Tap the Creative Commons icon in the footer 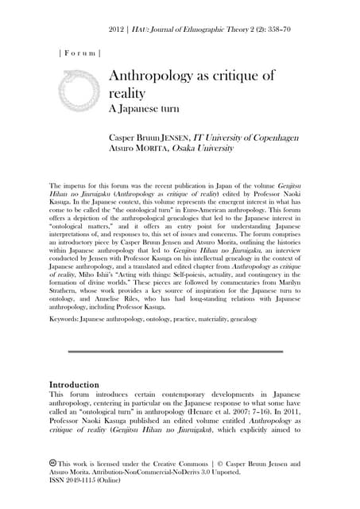52,462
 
